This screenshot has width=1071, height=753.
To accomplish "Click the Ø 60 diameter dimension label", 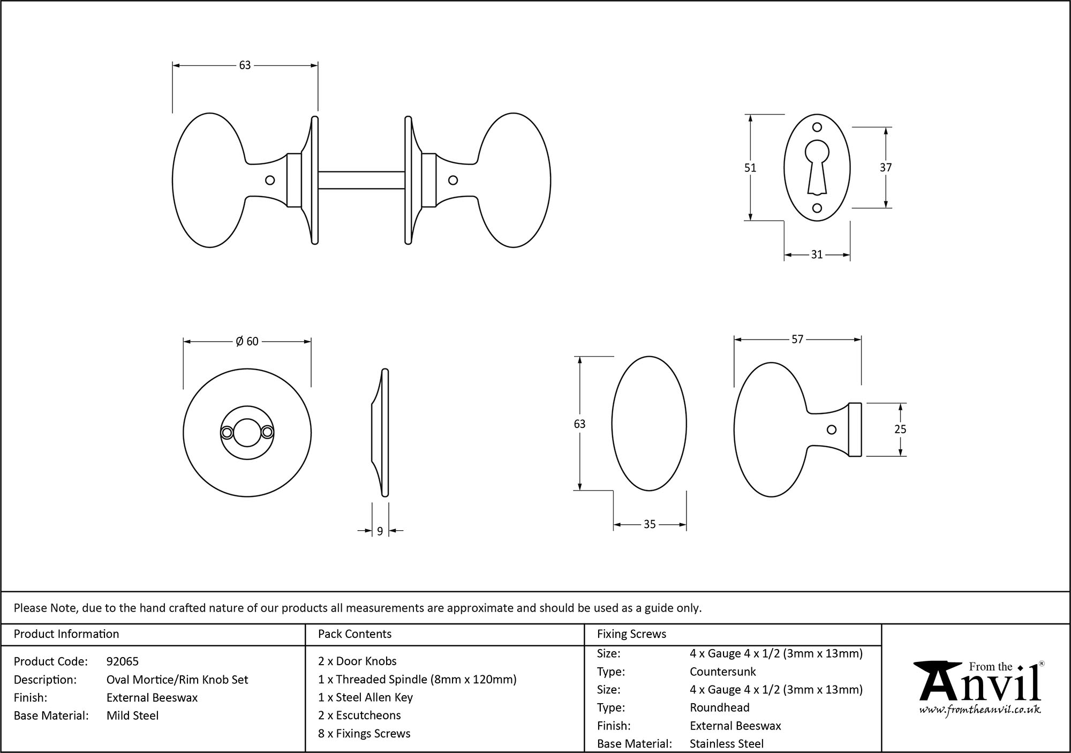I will pyautogui.click(x=247, y=342).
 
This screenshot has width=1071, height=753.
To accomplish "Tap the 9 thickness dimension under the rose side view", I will pyautogui.click(x=380, y=531).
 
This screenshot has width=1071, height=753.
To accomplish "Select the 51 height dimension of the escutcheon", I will pyautogui.click(x=750, y=168).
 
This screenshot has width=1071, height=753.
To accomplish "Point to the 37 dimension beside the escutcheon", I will pyautogui.click(x=886, y=168).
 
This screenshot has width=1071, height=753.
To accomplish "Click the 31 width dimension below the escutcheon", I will pyautogui.click(x=817, y=255).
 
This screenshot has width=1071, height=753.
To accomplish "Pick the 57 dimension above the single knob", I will pyautogui.click(x=797, y=340).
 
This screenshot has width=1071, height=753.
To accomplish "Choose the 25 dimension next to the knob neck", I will pyautogui.click(x=900, y=430).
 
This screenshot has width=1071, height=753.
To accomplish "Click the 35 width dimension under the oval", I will pyautogui.click(x=650, y=525).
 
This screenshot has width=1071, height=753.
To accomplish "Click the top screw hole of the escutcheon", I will pyautogui.click(x=817, y=127).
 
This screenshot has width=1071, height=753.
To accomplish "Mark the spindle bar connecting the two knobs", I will pyautogui.click(x=361, y=180).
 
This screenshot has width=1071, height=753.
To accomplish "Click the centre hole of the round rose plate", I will pyautogui.click(x=247, y=433).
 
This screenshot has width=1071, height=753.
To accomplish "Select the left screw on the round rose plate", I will pyautogui.click(x=227, y=433).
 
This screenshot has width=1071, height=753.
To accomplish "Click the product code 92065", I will pyautogui.click(x=123, y=661).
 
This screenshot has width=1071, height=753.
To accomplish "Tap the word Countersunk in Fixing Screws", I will pyautogui.click(x=722, y=672).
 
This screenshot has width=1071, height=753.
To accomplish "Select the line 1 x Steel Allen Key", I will pyautogui.click(x=365, y=697).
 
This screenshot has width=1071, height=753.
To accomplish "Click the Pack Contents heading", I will pyautogui.click(x=355, y=634).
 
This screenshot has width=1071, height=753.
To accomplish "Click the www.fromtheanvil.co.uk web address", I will pyautogui.click(x=980, y=711).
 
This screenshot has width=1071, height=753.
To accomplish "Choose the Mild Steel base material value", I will pyautogui.click(x=132, y=716).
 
